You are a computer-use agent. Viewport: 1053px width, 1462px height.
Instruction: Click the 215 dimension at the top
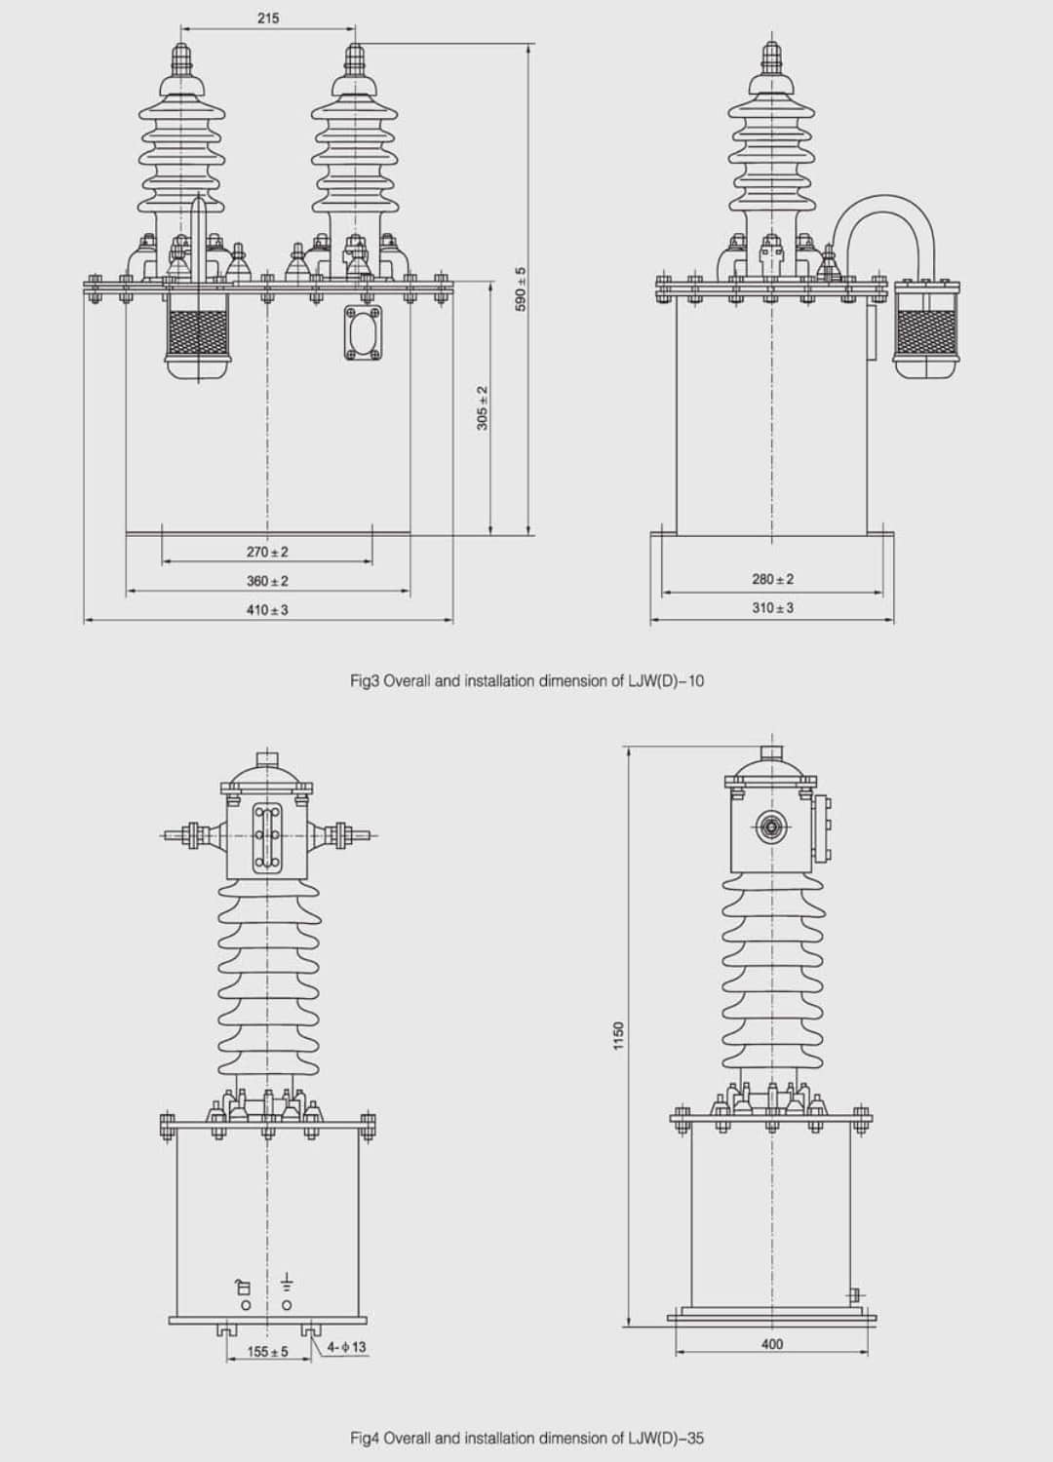[x=268, y=18]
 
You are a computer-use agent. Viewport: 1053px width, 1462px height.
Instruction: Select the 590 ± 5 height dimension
[x=521, y=289]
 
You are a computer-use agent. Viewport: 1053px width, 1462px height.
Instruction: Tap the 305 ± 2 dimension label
[x=483, y=408]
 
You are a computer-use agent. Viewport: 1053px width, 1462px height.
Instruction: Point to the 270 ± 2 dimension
[x=267, y=552]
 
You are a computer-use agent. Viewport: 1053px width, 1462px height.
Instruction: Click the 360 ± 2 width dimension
[x=267, y=581]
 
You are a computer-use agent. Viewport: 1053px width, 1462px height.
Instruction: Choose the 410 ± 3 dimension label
[x=267, y=610]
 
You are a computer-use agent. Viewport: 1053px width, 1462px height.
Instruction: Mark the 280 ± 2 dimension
[x=772, y=579]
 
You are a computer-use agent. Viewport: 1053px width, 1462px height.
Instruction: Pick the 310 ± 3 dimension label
[x=772, y=607]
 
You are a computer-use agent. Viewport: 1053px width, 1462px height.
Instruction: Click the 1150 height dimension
[x=619, y=1036]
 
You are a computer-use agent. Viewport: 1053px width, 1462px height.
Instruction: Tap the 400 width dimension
[x=771, y=1344]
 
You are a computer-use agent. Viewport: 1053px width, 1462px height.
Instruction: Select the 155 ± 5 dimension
[x=267, y=1352]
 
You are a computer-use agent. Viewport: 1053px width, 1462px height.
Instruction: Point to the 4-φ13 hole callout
[x=347, y=1348]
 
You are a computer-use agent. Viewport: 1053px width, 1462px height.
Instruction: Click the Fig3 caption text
[x=526, y=681]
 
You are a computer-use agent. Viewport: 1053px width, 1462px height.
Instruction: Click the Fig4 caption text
[x=526, y=1438]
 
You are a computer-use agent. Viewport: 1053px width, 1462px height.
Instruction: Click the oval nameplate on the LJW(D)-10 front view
[x=363, y=332]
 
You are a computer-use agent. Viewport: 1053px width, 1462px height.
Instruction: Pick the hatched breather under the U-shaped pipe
[x=926, y=331]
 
